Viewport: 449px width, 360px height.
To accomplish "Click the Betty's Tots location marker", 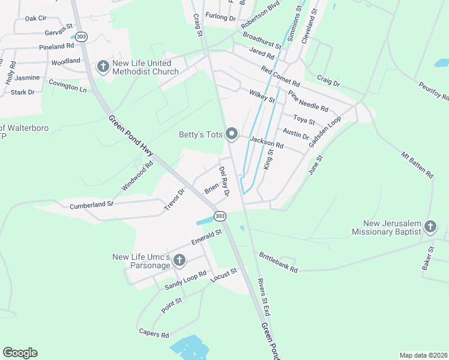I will coord(232,134).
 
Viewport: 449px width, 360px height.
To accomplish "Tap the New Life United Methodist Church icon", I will coord(103,66).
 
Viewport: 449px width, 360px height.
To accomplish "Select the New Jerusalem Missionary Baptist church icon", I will coord(430,226).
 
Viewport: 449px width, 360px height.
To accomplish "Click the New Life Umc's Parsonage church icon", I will coord(179,260).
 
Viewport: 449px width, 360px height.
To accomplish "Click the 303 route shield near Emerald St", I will coord(220,216).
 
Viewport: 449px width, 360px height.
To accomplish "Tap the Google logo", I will coord(20,353).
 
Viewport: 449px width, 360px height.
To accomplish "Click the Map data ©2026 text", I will coord(423,355).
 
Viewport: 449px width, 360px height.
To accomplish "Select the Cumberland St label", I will coord(91,205).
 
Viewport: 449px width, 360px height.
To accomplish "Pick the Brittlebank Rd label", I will coord(278,262).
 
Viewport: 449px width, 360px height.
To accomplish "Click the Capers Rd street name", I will coord(154,334).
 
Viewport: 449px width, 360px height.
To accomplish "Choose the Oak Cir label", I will coord(35,19).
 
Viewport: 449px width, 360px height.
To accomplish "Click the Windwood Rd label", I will coord(137,176).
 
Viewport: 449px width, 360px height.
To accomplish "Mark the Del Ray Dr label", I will coord(224,182).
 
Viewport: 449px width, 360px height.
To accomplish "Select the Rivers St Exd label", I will coord(264,297).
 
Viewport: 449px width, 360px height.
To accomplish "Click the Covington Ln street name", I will coord(67,86).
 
